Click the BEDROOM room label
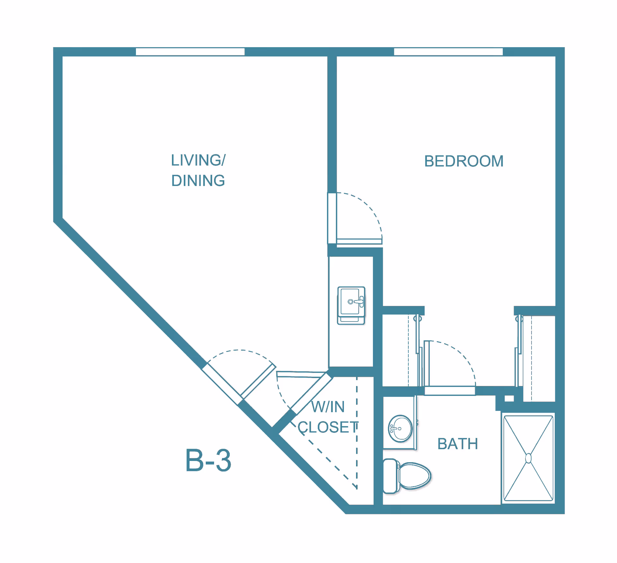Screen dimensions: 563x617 click(463, 161)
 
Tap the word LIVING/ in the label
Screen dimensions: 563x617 click(198, 160)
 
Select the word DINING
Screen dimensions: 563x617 click(198, 181)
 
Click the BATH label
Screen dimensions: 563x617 click(458, 444)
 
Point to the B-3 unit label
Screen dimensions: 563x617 click(208, 460)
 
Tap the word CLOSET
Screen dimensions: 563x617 click(327, 427)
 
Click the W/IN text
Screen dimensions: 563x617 click(327, 407)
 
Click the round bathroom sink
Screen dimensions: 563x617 click(400, 428)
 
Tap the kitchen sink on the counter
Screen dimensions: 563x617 click(351, 302)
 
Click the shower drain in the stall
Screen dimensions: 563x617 click(528, 458)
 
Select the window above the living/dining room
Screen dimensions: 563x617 click(190, 52)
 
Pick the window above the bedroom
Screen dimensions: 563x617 click(448, 52)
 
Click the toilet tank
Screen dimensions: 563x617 click(390, 476)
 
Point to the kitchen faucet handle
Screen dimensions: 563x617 click(360, 302)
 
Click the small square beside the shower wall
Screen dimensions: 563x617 click(509, 398)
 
